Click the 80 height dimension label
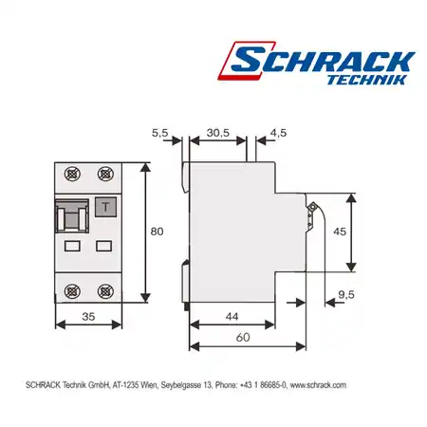point(157,232)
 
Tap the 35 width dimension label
point(88,317)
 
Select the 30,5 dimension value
point(218,133)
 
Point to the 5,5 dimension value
point(160,133)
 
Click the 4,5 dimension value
point(278,133)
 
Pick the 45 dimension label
point(340,232)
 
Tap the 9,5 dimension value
point(346,295)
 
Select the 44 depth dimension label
point(232,317)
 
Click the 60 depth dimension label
point(243,338)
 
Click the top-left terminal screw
point(72,174)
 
